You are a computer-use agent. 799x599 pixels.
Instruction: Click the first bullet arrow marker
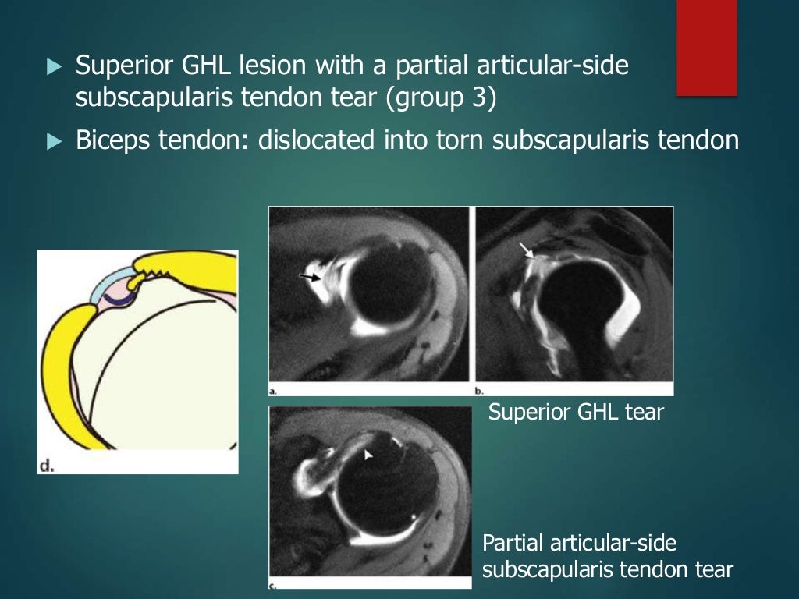[x=53, y=67]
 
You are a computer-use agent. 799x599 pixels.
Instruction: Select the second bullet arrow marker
[x=53, y=141]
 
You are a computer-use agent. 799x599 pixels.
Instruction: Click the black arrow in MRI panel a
[x=310, y=277]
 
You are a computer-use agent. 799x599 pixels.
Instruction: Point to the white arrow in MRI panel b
[x=528, y=250]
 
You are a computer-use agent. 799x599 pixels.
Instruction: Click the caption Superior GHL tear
[x=576, y=412]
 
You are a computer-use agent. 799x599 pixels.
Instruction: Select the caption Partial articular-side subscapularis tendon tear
[x=608, y=555]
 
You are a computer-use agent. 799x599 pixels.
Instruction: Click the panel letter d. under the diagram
[x=48, y=466]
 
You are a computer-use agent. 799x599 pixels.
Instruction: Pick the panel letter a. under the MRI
[x=273, y=389]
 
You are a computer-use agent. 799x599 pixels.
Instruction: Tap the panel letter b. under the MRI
[x=480, y=389]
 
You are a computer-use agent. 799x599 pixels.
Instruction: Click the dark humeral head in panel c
[x=382, y=491]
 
